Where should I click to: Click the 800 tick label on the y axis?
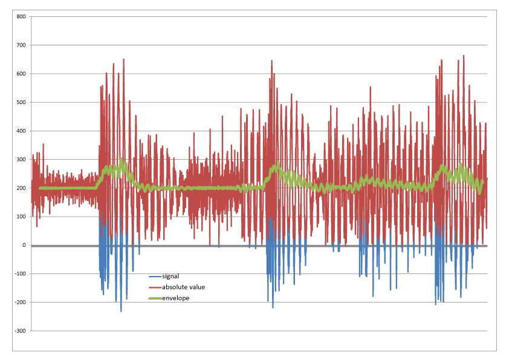21,16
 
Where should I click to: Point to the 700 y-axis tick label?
21,45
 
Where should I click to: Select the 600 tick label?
21,74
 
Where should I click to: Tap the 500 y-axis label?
21,102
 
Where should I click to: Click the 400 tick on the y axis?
21,131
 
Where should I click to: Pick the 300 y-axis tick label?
21,160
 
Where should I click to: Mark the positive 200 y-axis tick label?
21,188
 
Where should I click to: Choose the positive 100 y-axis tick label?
21,217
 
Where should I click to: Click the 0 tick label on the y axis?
24,245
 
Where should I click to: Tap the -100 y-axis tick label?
19,274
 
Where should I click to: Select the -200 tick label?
19,303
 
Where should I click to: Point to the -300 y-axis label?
19,331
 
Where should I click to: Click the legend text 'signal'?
170,276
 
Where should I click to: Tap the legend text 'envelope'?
175,298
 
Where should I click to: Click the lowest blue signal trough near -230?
121,311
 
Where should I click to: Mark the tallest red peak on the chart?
464,56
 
